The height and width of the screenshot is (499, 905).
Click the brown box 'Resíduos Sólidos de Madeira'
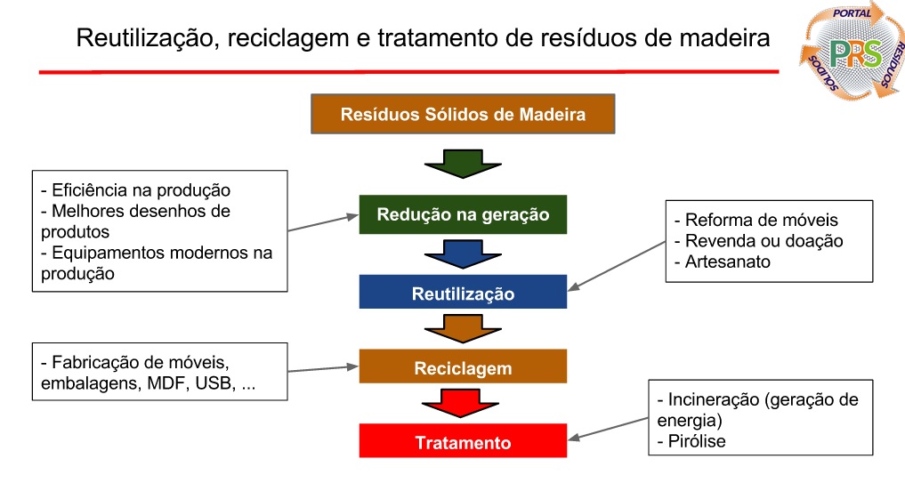point(463,115)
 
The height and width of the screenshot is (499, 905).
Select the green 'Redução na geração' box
point(463,214)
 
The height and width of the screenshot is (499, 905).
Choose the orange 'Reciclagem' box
point(463,367)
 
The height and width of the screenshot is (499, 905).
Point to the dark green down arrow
point(463,163)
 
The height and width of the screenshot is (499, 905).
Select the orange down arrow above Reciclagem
point(463,331)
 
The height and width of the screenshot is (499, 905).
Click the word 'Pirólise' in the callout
point(696,440)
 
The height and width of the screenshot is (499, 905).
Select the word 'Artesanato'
point(728,262)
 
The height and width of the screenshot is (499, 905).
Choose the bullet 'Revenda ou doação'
point(764,240)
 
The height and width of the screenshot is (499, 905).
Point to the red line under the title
point(409,72)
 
